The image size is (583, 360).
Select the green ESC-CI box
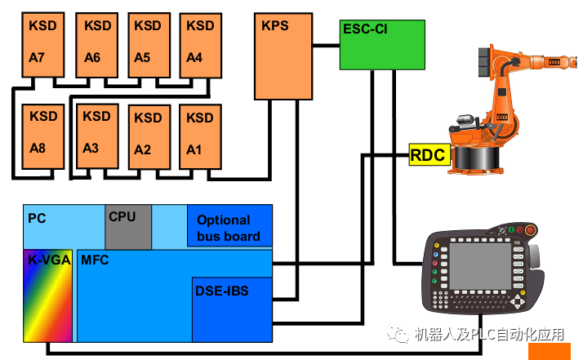click(381, 46)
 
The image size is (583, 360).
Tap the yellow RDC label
click(428, 153)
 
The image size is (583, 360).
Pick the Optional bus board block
click(229, 226)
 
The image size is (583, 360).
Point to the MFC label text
click(95, 260)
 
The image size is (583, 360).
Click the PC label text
click(37, 218)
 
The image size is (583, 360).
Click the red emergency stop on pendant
click(530, 231)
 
